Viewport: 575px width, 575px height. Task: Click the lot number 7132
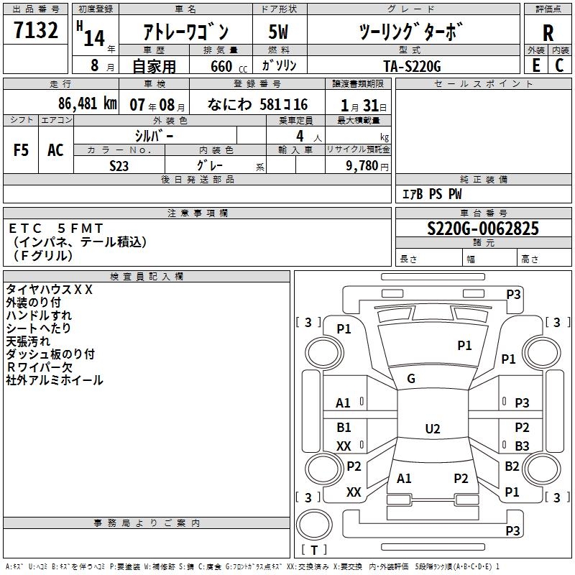click(x=36, y=30)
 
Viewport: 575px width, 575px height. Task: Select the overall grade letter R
click(x=548, y=33)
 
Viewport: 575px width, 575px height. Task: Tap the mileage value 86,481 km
click(x=88, y=103)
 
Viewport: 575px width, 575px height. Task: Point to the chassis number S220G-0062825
click(x=483, y=228)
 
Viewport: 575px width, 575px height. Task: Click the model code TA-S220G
click(x=412, y=66)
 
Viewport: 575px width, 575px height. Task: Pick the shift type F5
click(x=21, y=150)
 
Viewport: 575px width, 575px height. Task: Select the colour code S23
click(x=119, y=166)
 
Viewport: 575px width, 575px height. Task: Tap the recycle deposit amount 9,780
click(x=362, y=166)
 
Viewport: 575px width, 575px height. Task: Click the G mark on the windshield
click(x=411, y=379)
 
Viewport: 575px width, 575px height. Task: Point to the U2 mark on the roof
click(x=433, y=428)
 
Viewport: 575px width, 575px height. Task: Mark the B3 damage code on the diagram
click(x=522, y=446)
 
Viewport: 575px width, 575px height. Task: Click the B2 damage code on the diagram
click(x=512, y=466)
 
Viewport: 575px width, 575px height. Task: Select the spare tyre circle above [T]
click(x=314, y=525)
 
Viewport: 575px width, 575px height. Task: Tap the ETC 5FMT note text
click(x=56, y=229)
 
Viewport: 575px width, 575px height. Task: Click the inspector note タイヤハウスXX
click(x=49, y=290)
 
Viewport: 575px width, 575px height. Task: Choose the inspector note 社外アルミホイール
click(x=55, y=380)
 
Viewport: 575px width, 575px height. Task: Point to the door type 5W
click(x=278, y=32)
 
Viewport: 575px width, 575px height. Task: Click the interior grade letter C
click(x=559, y=65)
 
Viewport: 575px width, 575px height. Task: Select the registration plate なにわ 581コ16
click(x=258, y=104)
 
